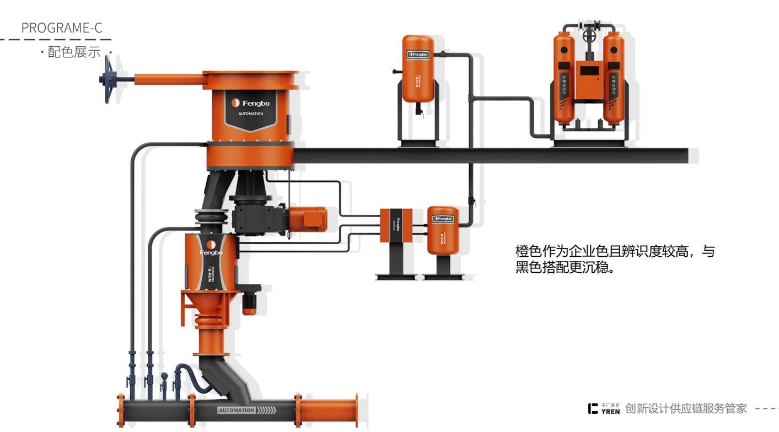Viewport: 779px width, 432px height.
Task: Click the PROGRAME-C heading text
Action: click(x=61, y=28)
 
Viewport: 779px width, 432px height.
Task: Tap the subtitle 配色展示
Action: click(x=74, y=52)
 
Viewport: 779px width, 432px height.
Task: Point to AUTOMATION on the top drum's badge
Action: click(x=250, y=114)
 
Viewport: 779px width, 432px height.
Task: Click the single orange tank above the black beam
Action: click(x=417, y=69)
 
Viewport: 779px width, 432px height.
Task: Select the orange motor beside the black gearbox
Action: click(x=307, y=219)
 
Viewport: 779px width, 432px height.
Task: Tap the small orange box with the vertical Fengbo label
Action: click(x=393, y=225)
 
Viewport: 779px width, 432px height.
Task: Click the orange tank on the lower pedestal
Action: click(x=443, y=230)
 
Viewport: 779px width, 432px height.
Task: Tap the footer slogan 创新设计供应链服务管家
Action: click(x=686, y=408)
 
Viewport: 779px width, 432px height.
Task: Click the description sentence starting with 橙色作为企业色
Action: click(x=615, y=260)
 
